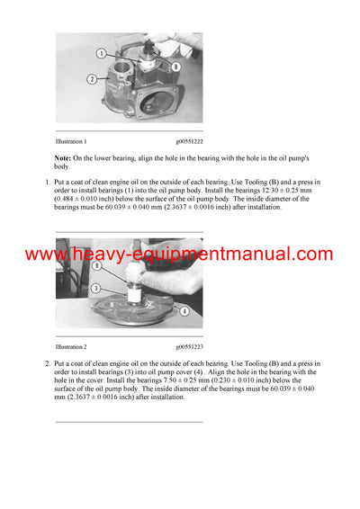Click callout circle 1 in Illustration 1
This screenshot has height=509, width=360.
point(103,53)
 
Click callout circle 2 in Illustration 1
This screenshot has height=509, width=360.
point(92,79)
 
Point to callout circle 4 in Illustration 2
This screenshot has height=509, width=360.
point(185,311)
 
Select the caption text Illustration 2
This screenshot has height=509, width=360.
point(71,345)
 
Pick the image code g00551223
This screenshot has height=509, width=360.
point(189,345)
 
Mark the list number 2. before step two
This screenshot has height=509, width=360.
point(47,362)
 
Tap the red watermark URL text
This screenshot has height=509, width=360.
point(179,254)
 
